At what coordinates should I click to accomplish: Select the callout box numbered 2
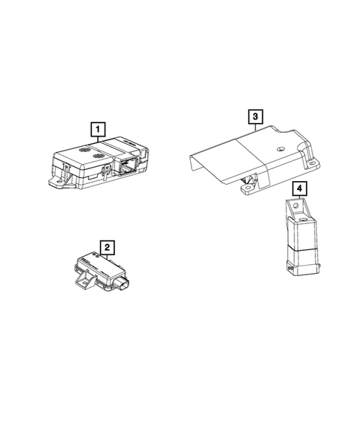click(108, 246)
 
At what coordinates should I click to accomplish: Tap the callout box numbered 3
click(255, 117)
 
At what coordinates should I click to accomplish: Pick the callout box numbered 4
click(298, 188)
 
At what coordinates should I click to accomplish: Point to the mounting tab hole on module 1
click(56, 180)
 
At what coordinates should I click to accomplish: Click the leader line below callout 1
click(97, 142)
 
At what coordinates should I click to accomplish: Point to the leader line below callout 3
click(255, 128)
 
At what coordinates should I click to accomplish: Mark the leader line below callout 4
click(298, 200)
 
